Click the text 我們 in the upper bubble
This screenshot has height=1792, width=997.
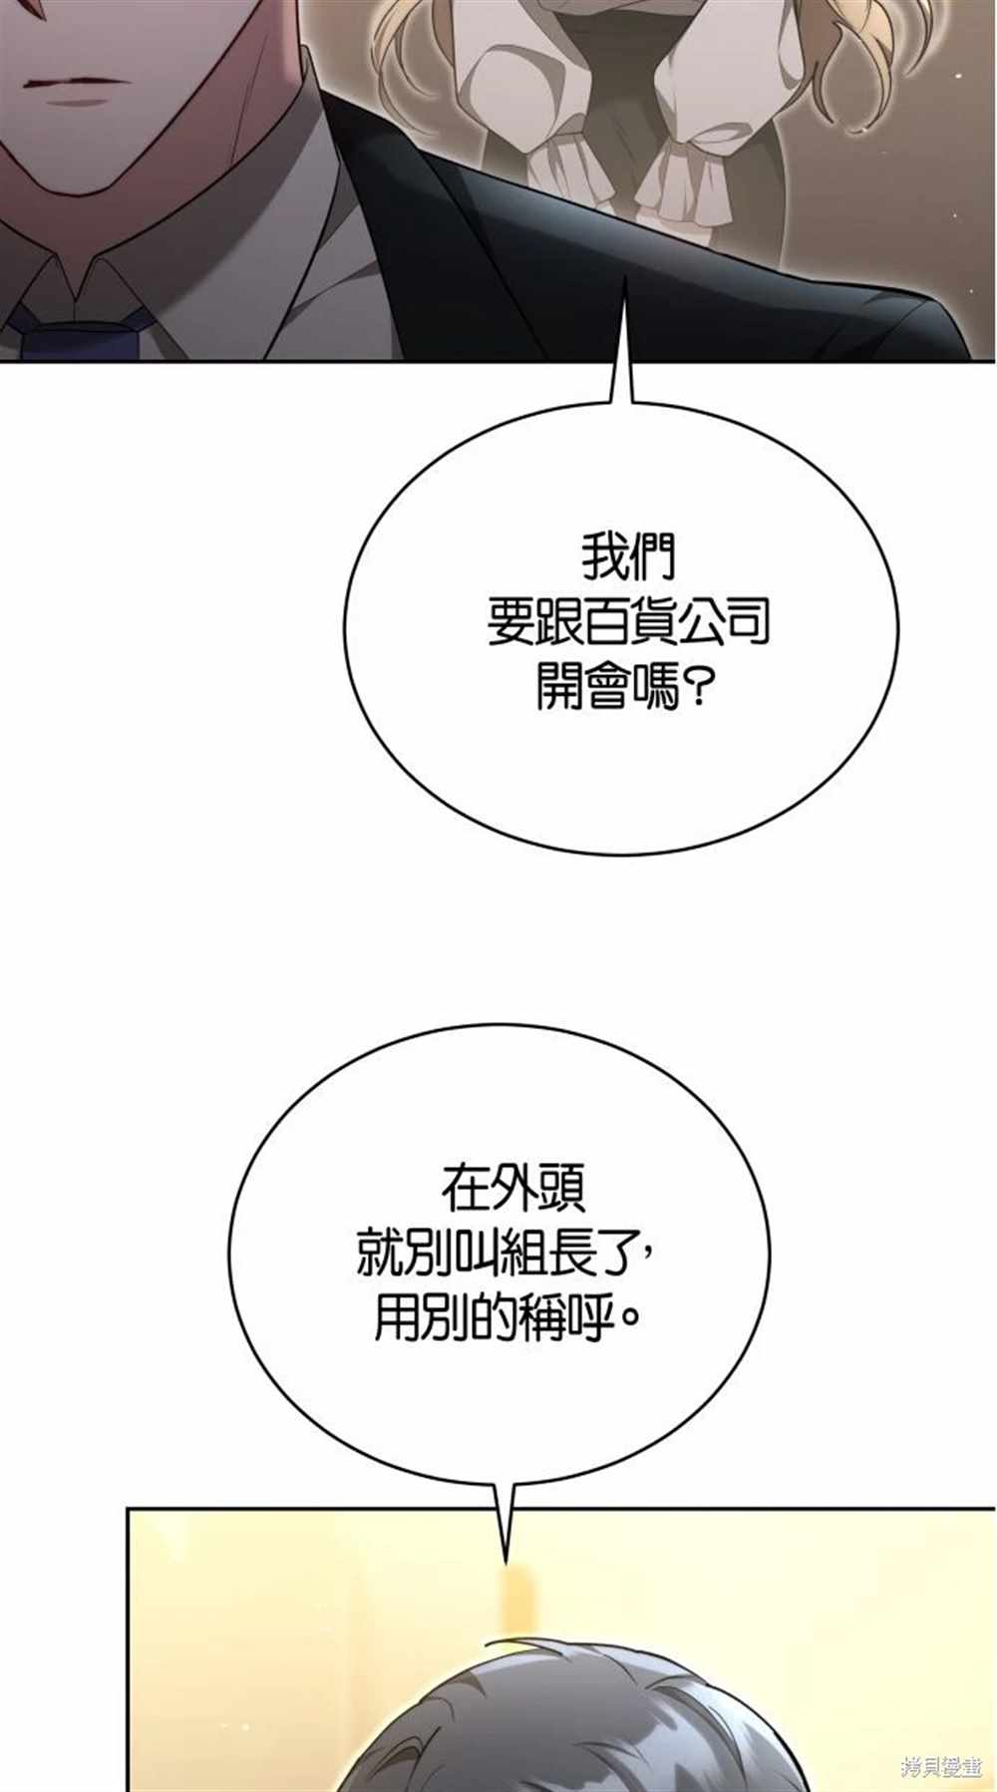(627, 558)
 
